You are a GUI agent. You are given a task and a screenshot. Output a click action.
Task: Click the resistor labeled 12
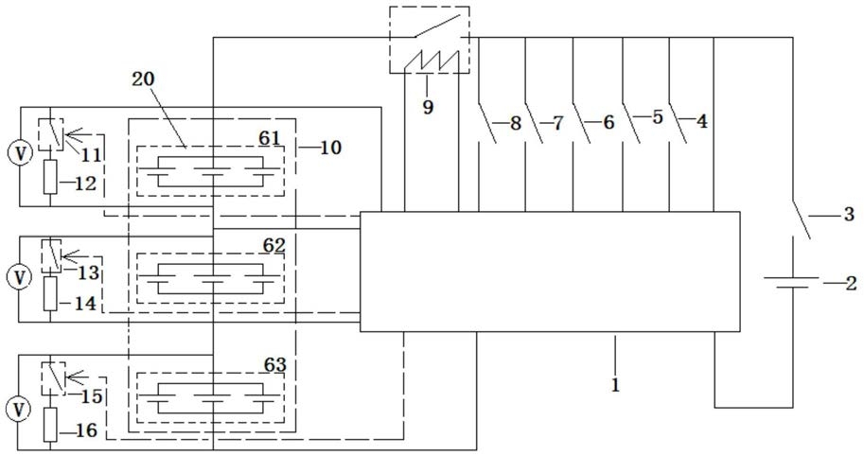pyautogui.click(x=50, y=177)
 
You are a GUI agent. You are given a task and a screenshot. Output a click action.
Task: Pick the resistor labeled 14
pyautogui.click(x=50, y=293)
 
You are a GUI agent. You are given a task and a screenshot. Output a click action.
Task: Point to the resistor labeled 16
pyautogui.click(x=50, y=425)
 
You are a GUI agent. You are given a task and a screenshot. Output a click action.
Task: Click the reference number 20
pyautogui.click(x=143, y=79)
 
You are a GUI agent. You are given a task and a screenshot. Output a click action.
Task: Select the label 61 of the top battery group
pyautogui.click(x=270, y=138)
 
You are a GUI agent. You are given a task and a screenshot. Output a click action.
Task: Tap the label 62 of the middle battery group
pyautogui.click(x=273, y=246)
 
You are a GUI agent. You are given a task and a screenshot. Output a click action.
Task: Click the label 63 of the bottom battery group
pyautogui.click(x=275, y=364)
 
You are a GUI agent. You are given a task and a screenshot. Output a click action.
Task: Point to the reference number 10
pyautogui.click(x=329, y=147)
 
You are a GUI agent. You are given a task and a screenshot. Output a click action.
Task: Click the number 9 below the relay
pyautogui.click(x=428, y=107)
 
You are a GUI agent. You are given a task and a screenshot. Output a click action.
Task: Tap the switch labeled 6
pyautogui.click(x=582, y=122)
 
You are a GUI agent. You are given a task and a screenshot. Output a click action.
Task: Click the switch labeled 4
pyautogui.click(x=678, y=122)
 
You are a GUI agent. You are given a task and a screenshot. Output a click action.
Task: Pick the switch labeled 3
pyautogui.click(x=802, y=219)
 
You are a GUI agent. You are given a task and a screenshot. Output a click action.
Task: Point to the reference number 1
pyautogui.click(x=615, y=384)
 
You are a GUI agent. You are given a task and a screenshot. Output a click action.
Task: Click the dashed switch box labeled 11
pyautogui.click(x=50, y=133)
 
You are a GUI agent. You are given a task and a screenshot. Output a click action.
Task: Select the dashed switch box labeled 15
pyautogui.click(x=53, y=378)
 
